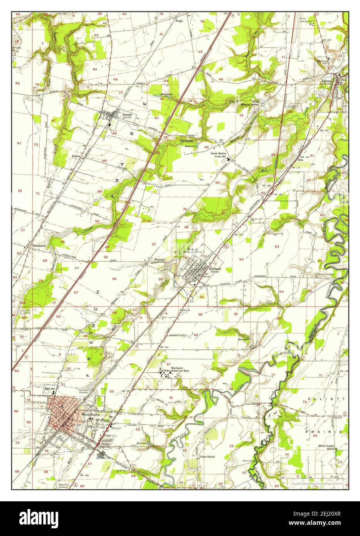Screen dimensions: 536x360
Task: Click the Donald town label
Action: coord(127,115)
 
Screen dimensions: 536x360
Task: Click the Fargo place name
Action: coord(179,21)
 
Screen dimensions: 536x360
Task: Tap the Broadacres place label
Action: coord(40,245)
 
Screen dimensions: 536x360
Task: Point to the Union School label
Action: coord(207,457)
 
